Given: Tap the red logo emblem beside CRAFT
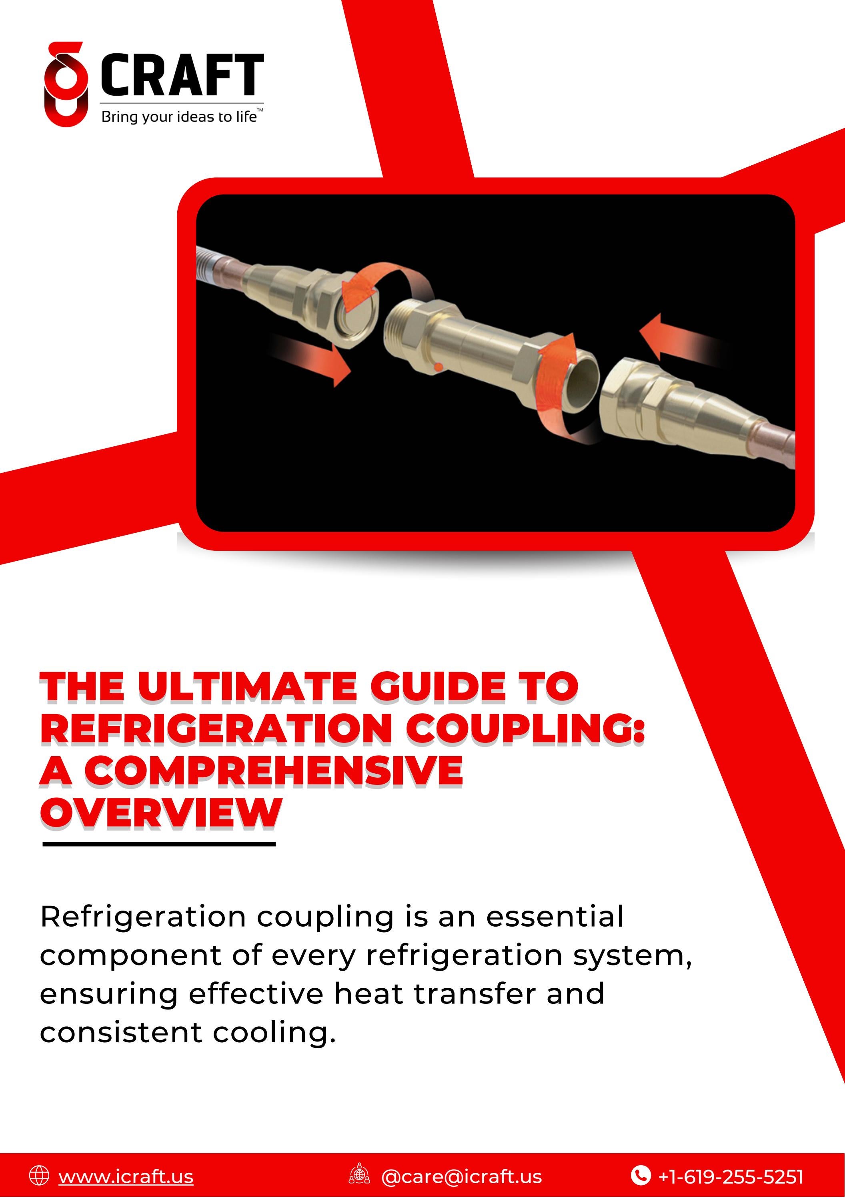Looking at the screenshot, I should click(66, 84).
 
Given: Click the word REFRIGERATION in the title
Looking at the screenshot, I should click(215, 728).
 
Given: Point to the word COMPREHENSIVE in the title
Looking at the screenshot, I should click(273, 770).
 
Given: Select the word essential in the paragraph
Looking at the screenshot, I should click(555, 917).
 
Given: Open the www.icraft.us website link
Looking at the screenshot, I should click(126, 1176).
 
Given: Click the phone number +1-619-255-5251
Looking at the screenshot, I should click(730, 1176).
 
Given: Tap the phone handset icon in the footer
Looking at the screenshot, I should click(641, 1175).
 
